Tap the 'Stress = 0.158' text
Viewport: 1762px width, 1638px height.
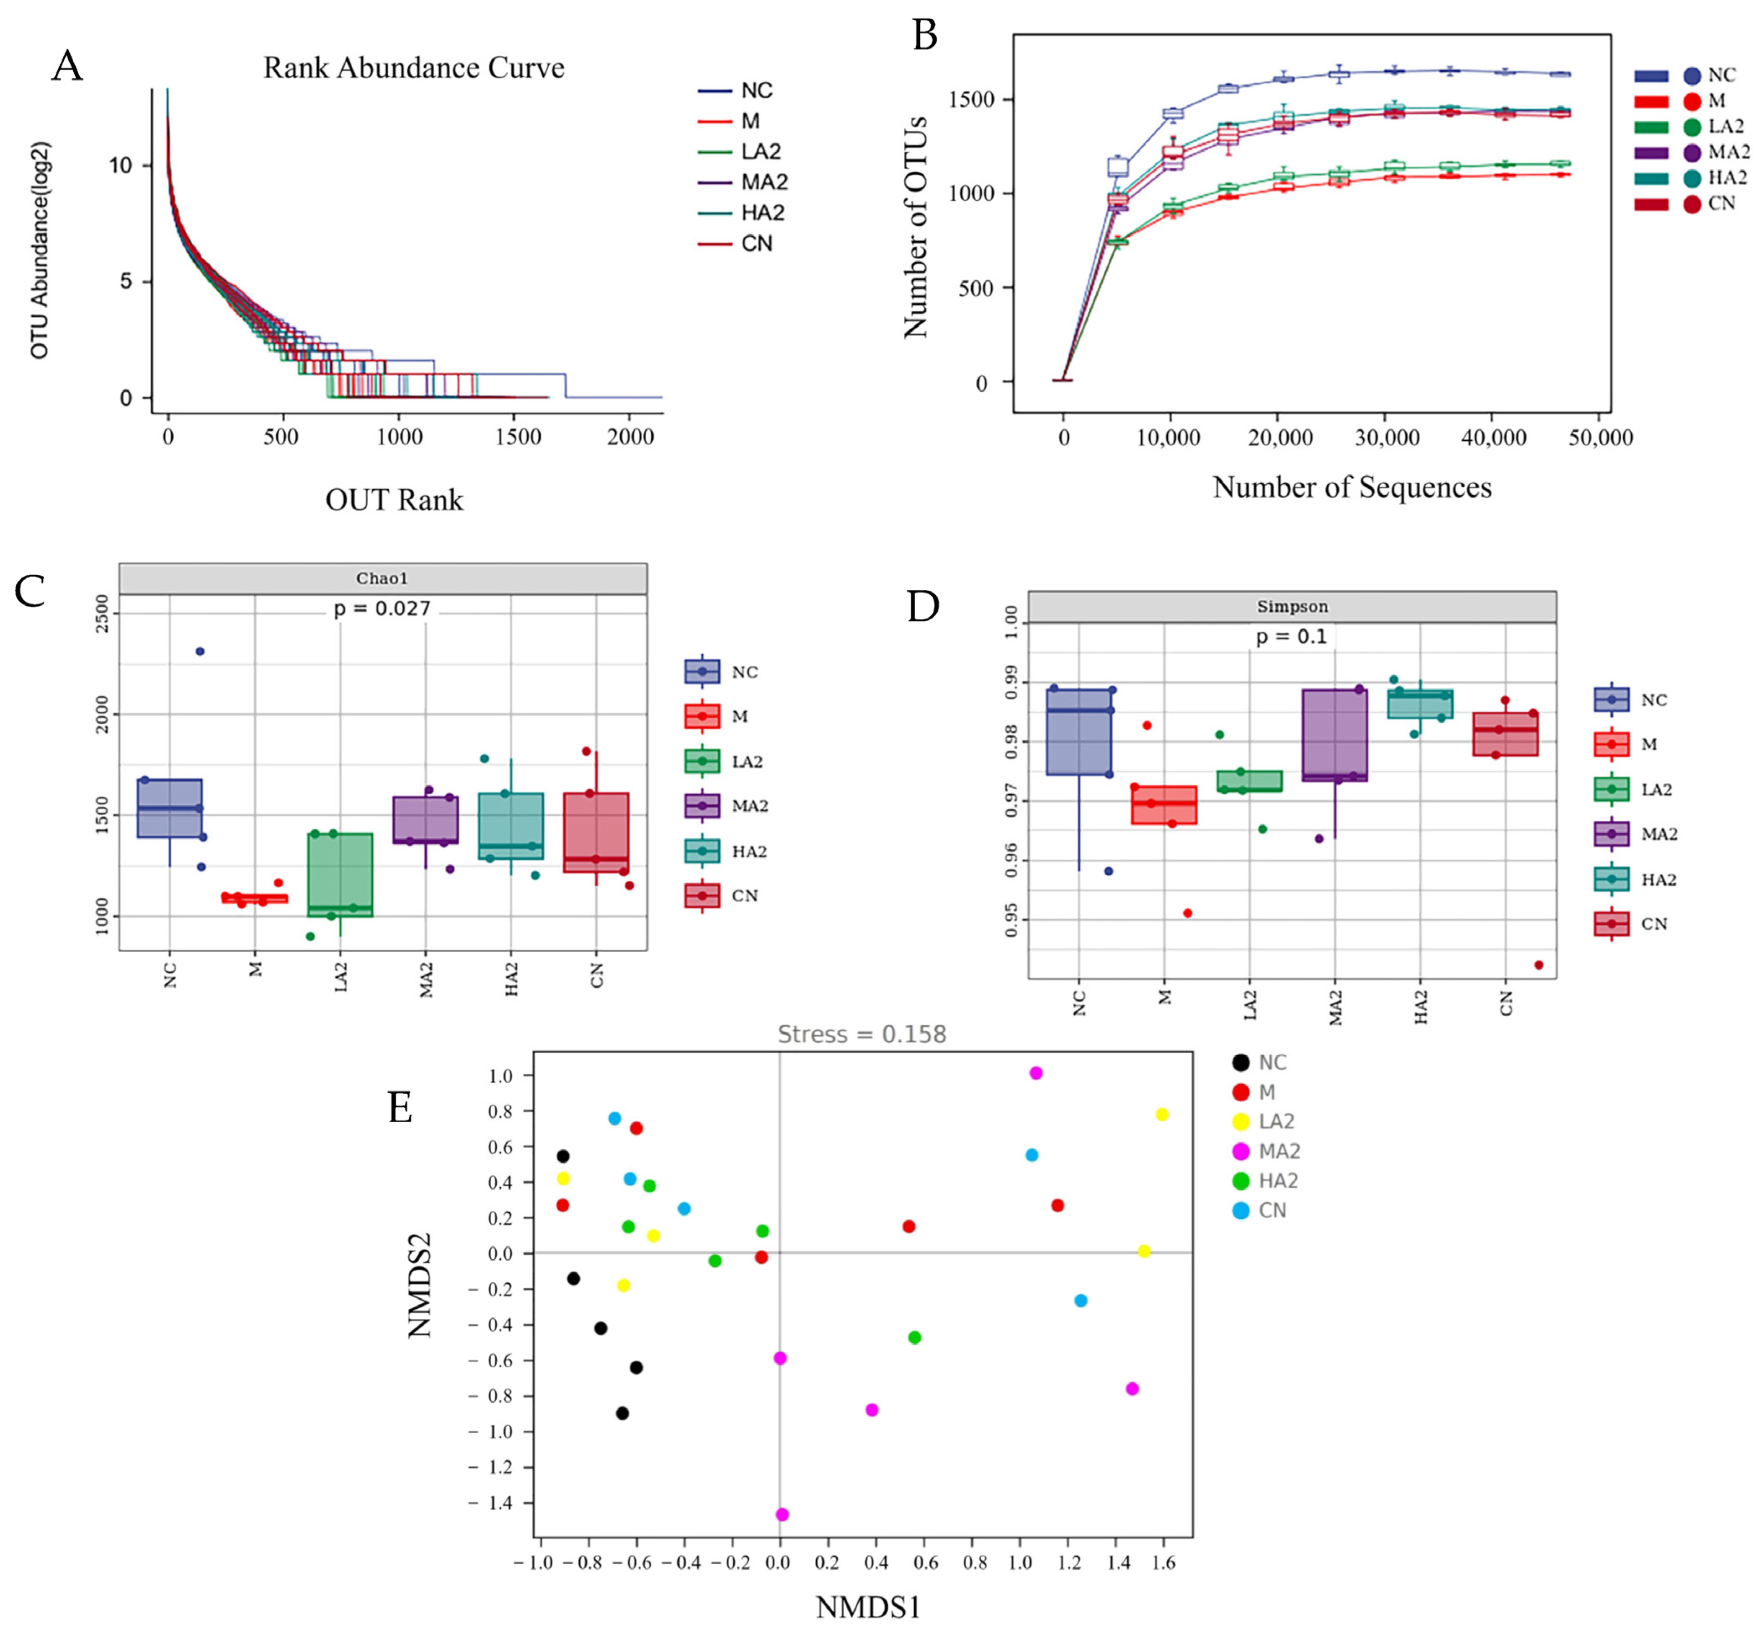coord(862,1034)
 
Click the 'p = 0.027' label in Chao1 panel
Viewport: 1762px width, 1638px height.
coord(382,609)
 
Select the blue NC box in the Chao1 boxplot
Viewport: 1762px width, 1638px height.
coord(169,807)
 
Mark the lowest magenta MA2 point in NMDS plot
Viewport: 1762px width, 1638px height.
coord(782,1515)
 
